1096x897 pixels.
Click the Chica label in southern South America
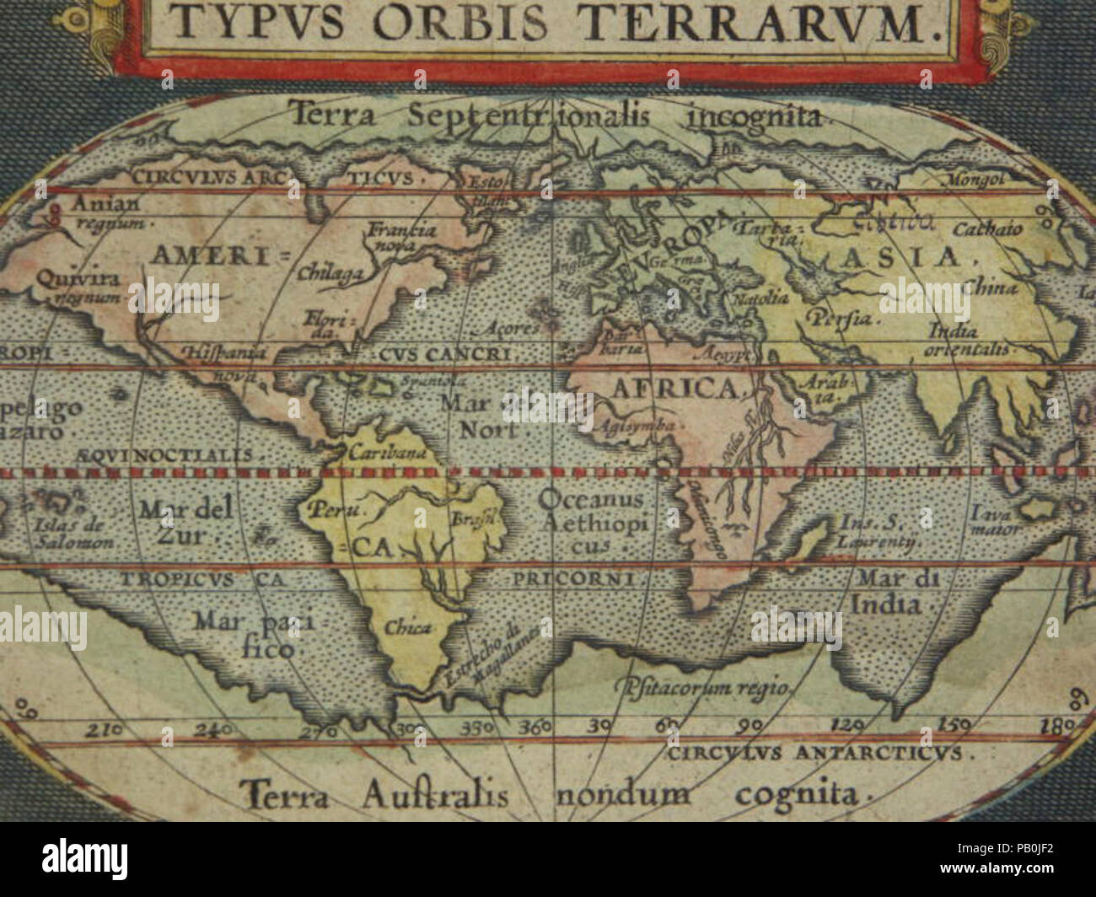[408, 627]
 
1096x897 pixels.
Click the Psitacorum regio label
[702, 687]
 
